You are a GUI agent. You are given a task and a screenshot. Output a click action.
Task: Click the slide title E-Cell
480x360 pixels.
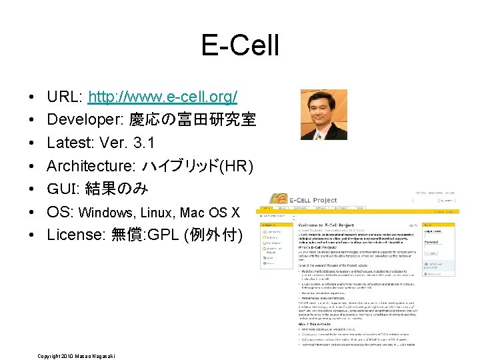(x=240, y=47)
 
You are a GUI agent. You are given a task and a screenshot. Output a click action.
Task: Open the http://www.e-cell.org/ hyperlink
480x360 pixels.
(x=163, y=97)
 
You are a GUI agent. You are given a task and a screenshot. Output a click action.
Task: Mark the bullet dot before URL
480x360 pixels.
(x=33, y=98)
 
